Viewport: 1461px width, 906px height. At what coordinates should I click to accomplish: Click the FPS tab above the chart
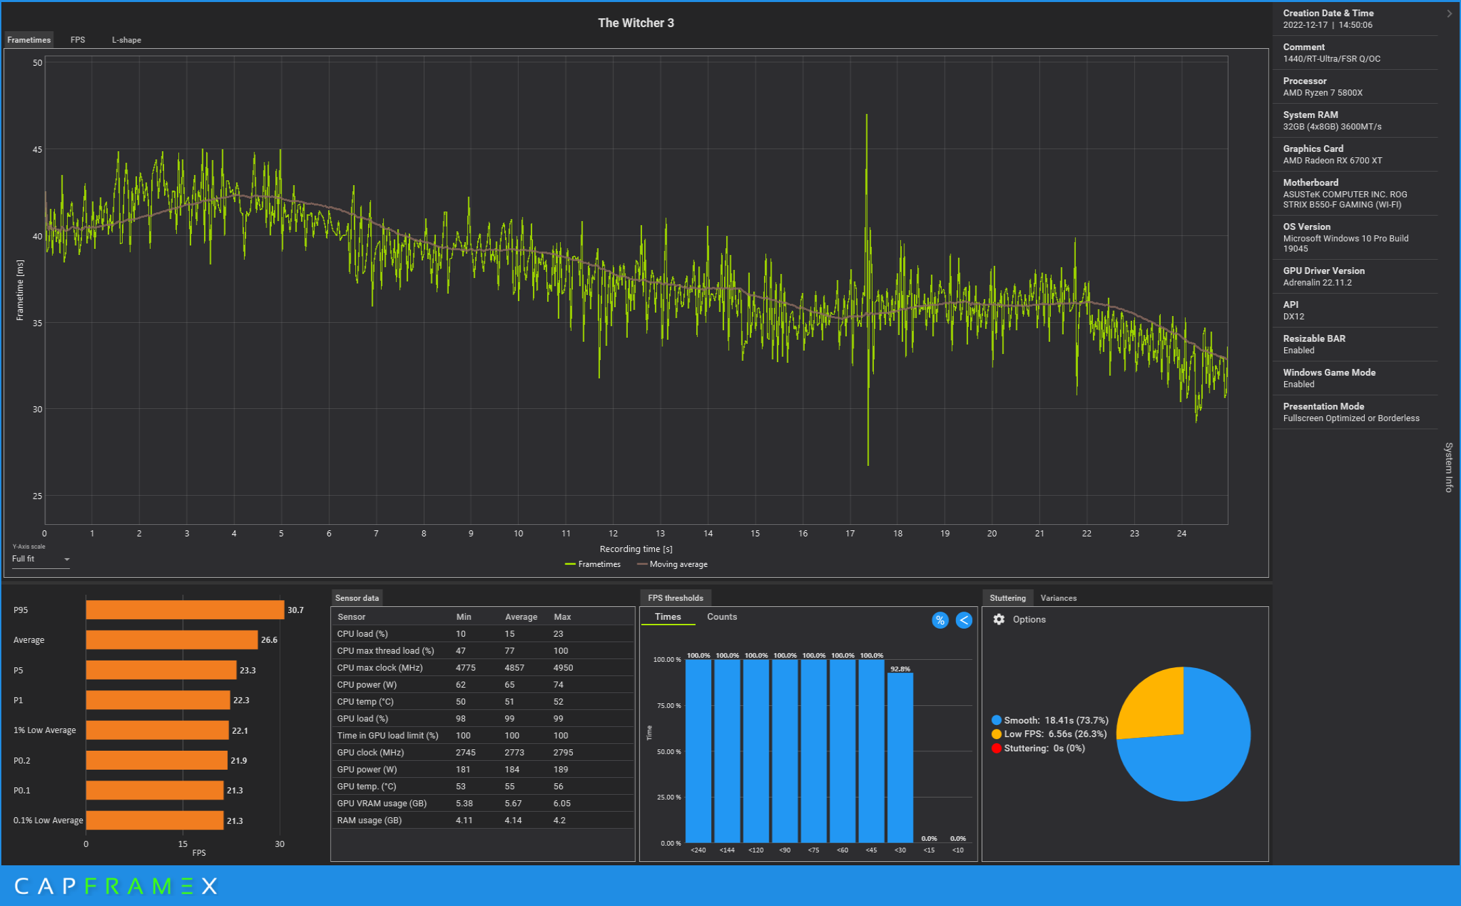point(78,40)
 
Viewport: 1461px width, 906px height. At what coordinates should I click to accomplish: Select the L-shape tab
point(127,40)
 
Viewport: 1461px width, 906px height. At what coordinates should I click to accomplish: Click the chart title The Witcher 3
point(635,23)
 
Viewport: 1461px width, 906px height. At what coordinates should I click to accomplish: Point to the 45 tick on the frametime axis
point(37,150)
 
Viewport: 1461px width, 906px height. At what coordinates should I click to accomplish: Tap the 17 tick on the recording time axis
point(850,534)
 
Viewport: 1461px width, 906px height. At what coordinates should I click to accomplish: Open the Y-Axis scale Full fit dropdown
point(41,559)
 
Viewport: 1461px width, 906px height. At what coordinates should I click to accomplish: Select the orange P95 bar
point(184,610)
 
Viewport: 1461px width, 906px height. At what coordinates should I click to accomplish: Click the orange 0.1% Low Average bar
point(155,821)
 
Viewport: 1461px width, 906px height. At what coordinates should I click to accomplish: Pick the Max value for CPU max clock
point(563,668)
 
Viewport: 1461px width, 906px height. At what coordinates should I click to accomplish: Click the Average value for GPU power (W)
point(512,770)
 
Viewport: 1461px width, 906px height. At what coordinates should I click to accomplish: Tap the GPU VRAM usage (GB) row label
point(382,804)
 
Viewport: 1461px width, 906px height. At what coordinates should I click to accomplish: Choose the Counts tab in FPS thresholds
point(721,616)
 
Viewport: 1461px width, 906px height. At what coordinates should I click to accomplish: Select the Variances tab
point(1058,598)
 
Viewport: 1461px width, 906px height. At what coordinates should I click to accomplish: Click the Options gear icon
point(999,619)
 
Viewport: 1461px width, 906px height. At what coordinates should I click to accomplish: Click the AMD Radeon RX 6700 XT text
point(1332,161)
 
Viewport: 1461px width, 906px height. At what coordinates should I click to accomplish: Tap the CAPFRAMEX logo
point(116,886)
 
